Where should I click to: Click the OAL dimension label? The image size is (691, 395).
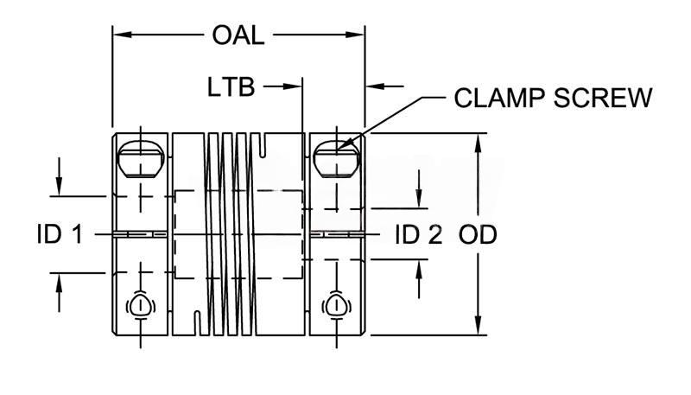click(237, 35)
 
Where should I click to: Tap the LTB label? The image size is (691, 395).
click(231, 87)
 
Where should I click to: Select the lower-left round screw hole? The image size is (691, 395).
click(140, 304)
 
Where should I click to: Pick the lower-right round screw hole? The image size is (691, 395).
click(336, 304)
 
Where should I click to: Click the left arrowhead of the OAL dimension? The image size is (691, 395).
click(121, 35)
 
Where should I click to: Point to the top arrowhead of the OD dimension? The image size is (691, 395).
click(479, 142)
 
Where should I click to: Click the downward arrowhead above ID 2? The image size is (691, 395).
click(419, 200)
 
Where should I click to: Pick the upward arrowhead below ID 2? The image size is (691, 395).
click(419, 270)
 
